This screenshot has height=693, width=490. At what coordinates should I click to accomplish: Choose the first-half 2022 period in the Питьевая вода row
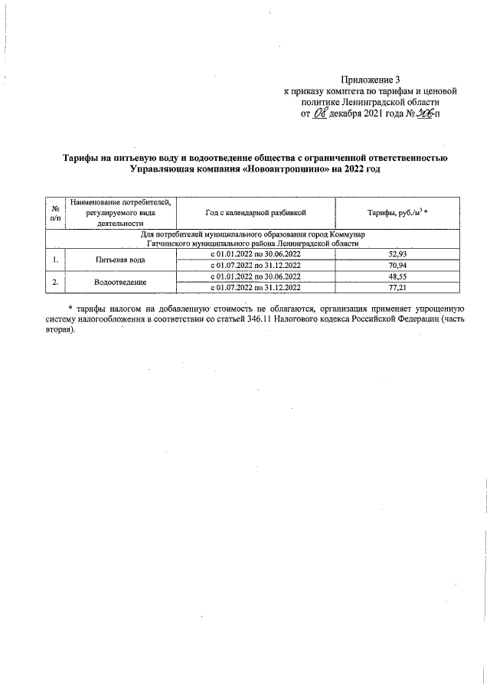tap(256, 253)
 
